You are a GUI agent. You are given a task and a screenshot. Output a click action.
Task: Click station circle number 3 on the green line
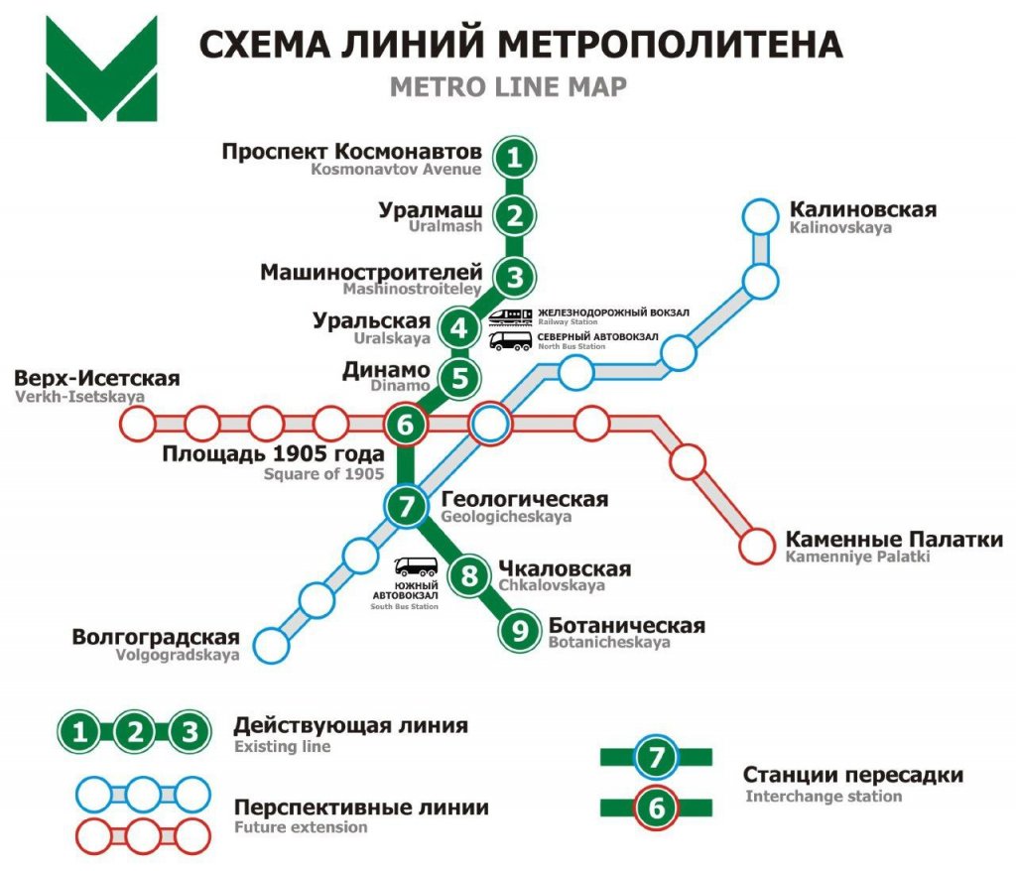click(x=513, y=277)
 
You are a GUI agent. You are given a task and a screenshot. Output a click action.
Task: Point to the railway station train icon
click(x=511, y=315)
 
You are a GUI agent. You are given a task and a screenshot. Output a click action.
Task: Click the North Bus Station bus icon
click(x=511, y=341)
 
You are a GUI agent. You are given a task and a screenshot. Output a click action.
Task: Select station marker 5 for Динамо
click(x=458, y=378)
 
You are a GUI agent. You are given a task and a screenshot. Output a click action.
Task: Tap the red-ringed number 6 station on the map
click(x=405, y=425)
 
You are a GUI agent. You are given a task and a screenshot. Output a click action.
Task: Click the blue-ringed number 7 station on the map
click(x=405, y=507)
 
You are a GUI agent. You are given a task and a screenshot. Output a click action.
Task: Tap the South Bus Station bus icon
click(x=416, y=568)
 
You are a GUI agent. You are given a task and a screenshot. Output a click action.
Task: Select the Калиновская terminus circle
click(x=761, y=216)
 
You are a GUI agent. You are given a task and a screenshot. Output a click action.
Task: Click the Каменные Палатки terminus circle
click(x=756, y=545)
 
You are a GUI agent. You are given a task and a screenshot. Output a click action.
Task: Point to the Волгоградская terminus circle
click(x=271, y=645)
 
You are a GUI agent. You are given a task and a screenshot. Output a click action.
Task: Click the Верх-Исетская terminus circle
click(x=138, y=425)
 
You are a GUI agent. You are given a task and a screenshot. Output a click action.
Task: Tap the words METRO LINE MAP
click(x=508, y=87)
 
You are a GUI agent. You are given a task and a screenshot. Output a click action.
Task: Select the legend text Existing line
click(x=282, y=746)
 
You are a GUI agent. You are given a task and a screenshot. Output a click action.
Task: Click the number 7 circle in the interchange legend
click(x=656, y=758)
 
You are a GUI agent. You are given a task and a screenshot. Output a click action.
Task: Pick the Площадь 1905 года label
click(x=273, y=455)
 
